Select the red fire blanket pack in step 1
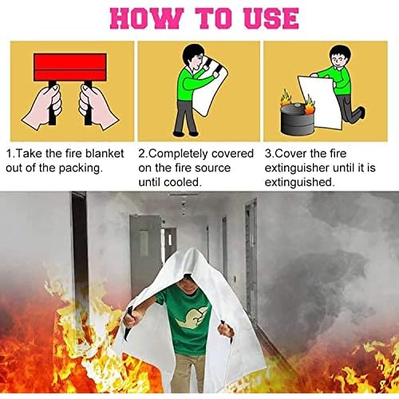click(x=70, y=67)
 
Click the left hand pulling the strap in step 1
click(x=45, y=105)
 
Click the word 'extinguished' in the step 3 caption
click(x=301, y=183)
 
